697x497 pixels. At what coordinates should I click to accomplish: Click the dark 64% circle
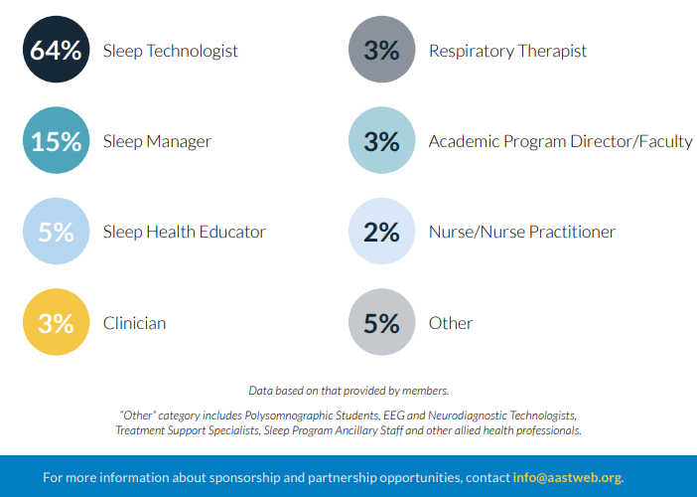(x=56, y=50)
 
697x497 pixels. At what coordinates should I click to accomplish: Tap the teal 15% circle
(x=56, y=140)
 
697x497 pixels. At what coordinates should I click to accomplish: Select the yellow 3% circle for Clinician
(x=56, y=322)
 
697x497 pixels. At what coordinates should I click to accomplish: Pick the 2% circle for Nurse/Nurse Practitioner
(x=382, y=231)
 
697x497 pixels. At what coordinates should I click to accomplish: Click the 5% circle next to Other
(x=382, y=322)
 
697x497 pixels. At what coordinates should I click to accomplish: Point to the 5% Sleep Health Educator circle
(x=56, y=231)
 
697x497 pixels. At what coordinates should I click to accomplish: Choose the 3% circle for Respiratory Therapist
(x=382, y=50)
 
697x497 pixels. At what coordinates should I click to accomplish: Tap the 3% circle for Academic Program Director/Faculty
(x=382, y=140)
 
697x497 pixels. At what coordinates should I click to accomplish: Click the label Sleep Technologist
(x=171, y=51)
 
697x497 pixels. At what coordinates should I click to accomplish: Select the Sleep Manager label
(x=157, y=142)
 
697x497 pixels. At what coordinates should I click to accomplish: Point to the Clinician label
(x=135, y=323)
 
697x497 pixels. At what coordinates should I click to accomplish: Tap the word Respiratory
(x=472, y=52)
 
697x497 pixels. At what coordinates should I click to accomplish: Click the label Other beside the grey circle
(x=451, y=323)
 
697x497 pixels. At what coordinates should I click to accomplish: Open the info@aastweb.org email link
(x=567, y=477)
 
